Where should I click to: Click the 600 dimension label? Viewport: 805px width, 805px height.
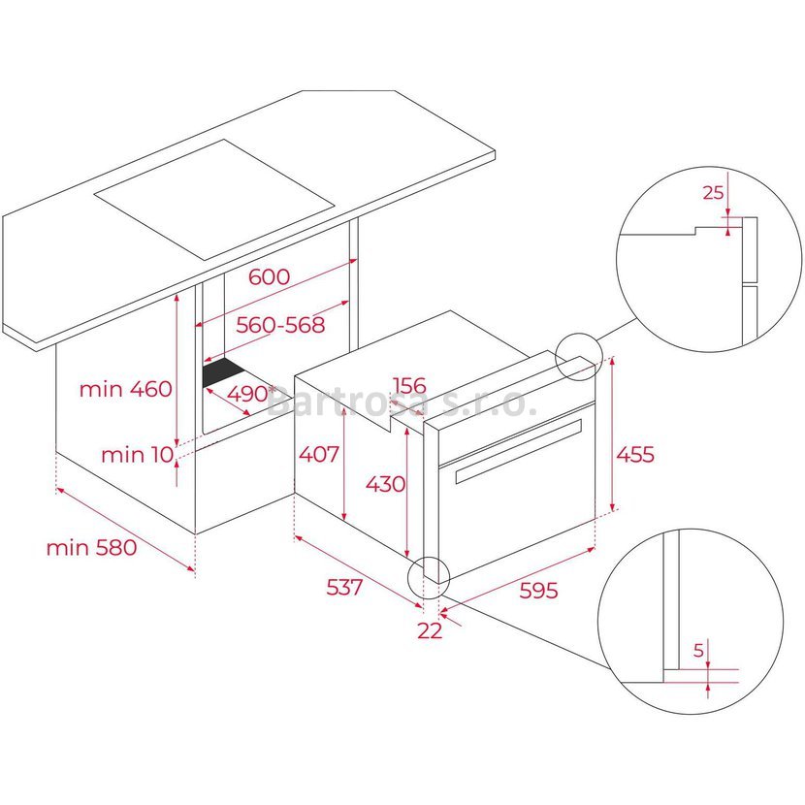(x=269, y=276)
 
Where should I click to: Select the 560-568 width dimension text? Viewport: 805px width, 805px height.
(x=280, y=325)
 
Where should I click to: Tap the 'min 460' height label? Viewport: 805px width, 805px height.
(x=126, y=389)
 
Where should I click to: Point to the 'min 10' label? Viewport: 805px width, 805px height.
(x=137, y=454)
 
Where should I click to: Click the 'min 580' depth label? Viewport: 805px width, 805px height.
(x=91, y=547)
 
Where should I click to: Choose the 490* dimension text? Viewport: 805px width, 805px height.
(x=251, y=394)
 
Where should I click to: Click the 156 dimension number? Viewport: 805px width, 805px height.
(x=409, y=385)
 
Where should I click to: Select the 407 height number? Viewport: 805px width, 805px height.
(x=319, y=454)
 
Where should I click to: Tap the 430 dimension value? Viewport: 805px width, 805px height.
(x=385, y=484)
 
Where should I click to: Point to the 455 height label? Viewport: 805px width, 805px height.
(x=635, y=454)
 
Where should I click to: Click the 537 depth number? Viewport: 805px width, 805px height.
(x=344, y=587)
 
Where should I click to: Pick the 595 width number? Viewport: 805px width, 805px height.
(x=538, y=591)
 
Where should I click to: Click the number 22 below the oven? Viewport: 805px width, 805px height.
(x=430, y=630)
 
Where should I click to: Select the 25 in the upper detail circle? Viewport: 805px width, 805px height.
(x=713, y=193)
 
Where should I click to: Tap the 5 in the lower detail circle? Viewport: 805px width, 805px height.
(x=698, y=651)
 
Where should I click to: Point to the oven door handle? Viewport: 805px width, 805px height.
(x=519, y=451)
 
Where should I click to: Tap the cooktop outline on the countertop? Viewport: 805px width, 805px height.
(x=214, y=200)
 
